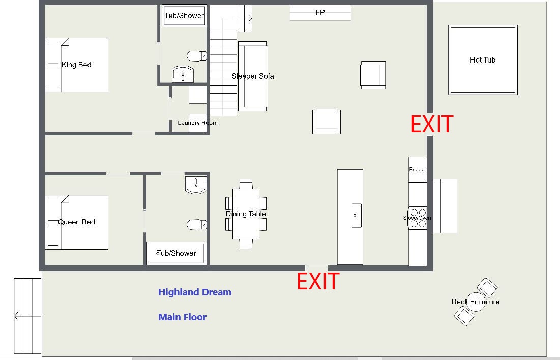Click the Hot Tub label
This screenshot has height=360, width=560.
483,60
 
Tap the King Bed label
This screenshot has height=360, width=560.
76,65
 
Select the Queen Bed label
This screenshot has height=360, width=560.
76,222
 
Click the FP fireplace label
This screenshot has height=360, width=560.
320,12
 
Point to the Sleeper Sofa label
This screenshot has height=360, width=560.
253,76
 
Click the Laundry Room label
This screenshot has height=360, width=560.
197,123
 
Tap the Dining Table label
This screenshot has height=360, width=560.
246,214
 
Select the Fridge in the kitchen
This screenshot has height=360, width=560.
418,170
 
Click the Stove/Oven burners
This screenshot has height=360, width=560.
418,218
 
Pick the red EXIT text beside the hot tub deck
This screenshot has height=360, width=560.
432,124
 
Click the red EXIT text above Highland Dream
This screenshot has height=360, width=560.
318,281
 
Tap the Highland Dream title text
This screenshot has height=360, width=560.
195,292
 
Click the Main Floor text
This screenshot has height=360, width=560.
182,317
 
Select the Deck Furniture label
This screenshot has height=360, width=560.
476,302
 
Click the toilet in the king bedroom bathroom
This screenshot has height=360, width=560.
196,56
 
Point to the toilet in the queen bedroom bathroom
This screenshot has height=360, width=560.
196,224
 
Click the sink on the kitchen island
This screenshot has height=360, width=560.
356,216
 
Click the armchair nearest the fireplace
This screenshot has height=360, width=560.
373,75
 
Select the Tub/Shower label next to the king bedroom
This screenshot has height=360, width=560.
184,16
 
